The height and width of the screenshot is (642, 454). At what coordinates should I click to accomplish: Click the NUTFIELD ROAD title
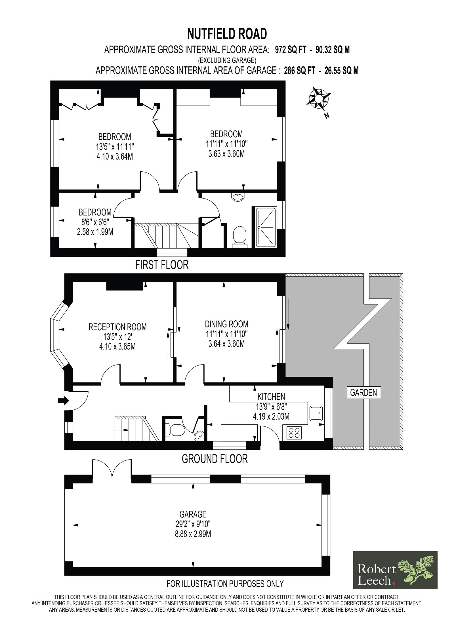[227, 34]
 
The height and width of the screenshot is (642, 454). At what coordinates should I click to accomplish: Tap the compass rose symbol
[319, 98]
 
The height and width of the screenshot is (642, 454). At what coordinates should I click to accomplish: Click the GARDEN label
[363, 393]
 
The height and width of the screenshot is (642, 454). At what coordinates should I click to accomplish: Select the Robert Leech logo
[395, 570]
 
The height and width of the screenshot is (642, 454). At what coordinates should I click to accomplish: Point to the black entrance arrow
[63, 401]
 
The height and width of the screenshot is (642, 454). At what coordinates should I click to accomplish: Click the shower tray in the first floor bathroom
[266, 227]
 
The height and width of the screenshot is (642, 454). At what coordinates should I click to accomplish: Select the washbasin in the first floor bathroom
[238, 197]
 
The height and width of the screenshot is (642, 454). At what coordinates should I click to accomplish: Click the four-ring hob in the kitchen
[294, 433]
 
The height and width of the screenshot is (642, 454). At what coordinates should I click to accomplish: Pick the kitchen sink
[316, 413]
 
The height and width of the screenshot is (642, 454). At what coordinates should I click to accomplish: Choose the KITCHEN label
[271, 397]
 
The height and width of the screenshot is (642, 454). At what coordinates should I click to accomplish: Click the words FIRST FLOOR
[162, 265]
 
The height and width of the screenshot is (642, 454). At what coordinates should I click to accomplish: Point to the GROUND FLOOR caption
[215, 459]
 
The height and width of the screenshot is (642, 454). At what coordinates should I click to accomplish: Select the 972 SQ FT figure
[291, 50]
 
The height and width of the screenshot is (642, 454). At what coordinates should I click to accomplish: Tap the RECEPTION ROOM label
[117, 327]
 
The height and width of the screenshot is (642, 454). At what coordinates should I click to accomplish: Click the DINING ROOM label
[226, 324]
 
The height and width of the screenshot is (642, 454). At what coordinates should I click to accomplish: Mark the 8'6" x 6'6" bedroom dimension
[95, 222]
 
